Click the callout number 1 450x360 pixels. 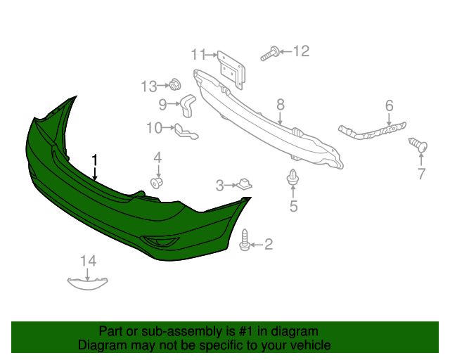(x=94, y=160)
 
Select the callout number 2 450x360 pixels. (x=268, y=245)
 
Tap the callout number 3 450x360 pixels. (x=219, y=186)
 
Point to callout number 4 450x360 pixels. (x=157, y=157)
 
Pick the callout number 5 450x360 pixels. (x=293, y=206)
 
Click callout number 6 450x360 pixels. (x=388, y=106)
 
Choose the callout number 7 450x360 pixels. (x=421, y=174)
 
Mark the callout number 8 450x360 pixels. (x=280, y=105)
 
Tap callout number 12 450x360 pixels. (x=301, y=51)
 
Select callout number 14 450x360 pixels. (x=87, y=262)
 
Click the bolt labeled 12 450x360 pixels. (x=269, y=53)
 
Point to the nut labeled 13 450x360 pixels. (x=174, y=86)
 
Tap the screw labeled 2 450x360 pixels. (x=245, y=239)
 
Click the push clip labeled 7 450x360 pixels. (x=420, y=146)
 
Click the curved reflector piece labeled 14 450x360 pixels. (x=89, y=283)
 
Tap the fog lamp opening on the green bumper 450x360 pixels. (x=160, y=243)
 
